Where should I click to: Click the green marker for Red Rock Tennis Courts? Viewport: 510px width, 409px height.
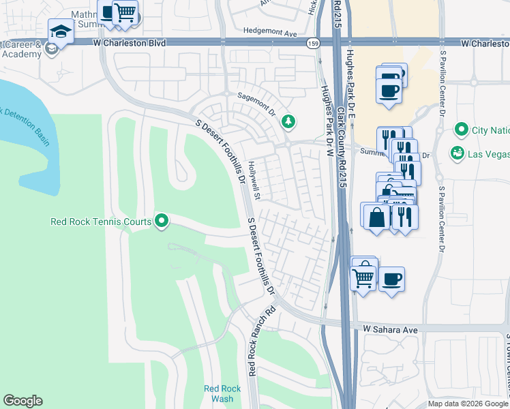click(162, 221)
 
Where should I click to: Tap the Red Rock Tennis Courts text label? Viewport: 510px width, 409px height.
click(102, 222)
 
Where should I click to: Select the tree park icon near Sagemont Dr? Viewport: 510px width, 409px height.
click(288, 121)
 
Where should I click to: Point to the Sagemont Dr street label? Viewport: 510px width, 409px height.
click(255, 100)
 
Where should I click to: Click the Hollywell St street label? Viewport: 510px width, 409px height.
click(254, 181)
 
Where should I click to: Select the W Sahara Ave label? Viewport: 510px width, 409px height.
click(389, 329)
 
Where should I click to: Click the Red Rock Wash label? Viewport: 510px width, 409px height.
click(218, 393)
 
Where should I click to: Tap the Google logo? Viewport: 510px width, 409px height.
click(22, 401)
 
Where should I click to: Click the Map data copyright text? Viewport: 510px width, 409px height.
click(468, 404)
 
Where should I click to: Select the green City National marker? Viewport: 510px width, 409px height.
click(462, 130)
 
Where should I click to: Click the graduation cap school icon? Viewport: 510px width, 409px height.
click(60, 31)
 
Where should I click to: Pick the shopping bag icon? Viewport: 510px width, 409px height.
click(376, 217)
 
